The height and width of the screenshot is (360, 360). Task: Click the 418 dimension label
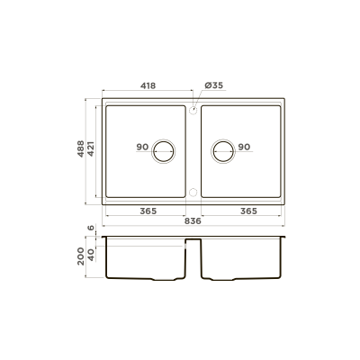point(148,85)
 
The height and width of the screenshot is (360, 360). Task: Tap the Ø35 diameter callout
point(214,85)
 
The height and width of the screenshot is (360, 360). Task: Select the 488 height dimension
point(81,148)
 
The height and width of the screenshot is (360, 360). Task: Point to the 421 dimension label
point(91,148)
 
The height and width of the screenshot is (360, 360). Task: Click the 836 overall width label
point(193,221)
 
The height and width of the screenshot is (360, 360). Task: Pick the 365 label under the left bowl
point(148,211)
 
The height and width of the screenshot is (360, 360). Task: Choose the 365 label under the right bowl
point(248,211)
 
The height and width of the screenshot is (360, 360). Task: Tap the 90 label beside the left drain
point(142,147)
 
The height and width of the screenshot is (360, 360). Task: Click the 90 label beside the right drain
point(244,147)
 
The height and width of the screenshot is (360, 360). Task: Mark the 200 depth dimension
point(81,256)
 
